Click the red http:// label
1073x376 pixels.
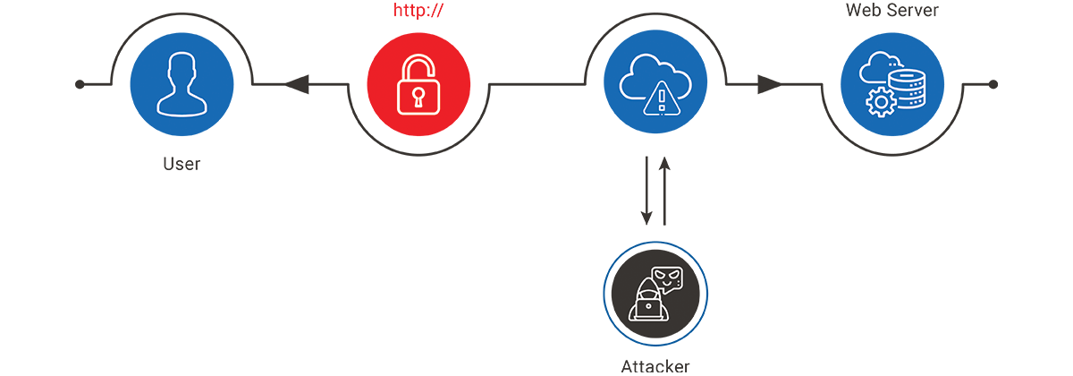pyautogui.click(x=418, y=11)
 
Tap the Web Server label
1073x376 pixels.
pyautogui.click(x=892, y=10)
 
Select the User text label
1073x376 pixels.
pyautogui.click(x=182, y=164)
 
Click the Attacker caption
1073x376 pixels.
pyautogui.click(x=655, y=367)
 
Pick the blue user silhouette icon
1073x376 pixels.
pyautogui.click(x=182, y=84)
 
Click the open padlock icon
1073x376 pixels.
pyautogui.click(x=418, y=84)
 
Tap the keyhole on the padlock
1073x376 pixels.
pyautogui.click(x=418, y=98)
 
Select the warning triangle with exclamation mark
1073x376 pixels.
pyautogui.click(x=662, y=98)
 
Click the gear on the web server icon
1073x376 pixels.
pyautogui.click(x=881, y=102)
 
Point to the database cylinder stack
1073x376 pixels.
pyautogui.click(x=907, y=90)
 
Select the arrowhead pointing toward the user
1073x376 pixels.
pyautogui.click(x=297, y=84)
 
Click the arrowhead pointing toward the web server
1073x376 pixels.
pyautogui.click(x=769, y=84)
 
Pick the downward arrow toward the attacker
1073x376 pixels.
pyautogui.click(x=646, y=191)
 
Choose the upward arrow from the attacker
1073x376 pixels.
pyautogui.click(x=664, y=191)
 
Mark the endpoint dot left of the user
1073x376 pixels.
pyautogui.click(x=80, y=84)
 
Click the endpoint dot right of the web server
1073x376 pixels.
pyautogui.click(x=993, y=84)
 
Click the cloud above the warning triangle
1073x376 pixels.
pyautogui.click(x=655, y=77)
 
